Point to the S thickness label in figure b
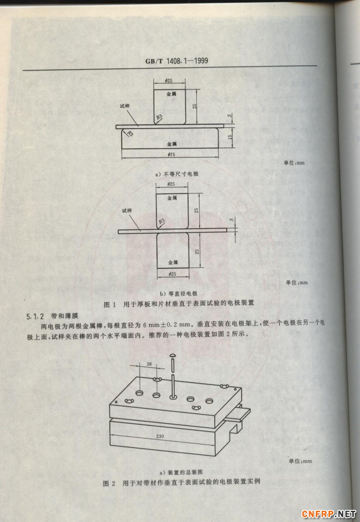(231, 220)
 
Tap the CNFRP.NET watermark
(329, 513)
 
